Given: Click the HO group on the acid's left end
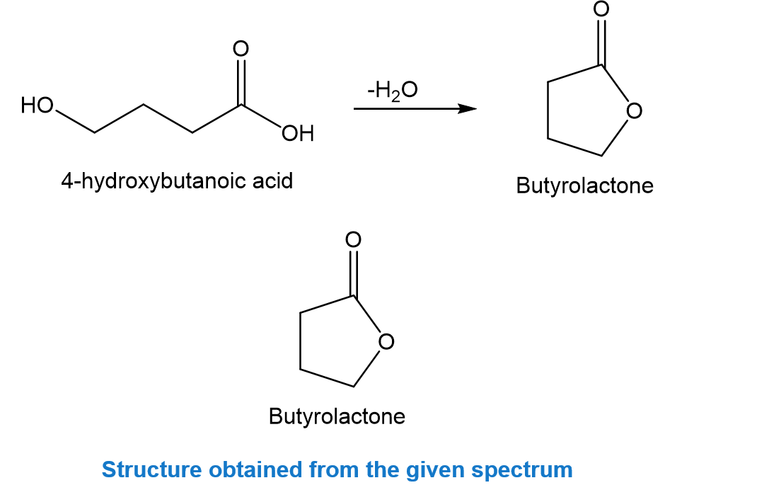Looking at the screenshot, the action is pyautogui.click(x=37, y=105).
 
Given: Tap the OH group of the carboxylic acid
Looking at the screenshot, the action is pyautogui.click(x=298, y=133).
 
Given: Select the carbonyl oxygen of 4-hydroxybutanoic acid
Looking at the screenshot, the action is pyautogui.click(x=241, y=49).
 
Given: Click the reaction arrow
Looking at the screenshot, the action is pyautogui.click(x=415, y=108).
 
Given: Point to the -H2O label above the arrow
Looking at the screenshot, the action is pyautogui.click(x=393, y=90).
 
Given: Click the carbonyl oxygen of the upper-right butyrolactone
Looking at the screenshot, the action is pyautogui.click(x=601, y=8).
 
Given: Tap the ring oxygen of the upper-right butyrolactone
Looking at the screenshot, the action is pyautogui.click(x=634, y=111).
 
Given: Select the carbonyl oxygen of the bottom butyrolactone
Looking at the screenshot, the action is pyautogui.click(x=353, y=239).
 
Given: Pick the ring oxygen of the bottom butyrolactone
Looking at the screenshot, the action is pyautogui.click(x=386, y=342).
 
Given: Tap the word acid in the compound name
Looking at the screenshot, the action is pyautogui.click(x=272, y=181).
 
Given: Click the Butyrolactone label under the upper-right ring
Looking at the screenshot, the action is pyautogui.click(x=584, y=186).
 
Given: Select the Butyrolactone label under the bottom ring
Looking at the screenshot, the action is pyautogui.click(x=337, y=417).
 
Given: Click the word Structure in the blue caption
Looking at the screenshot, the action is pyautogui.click(x=151, y=469).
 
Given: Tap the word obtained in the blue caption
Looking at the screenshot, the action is pyautogui.click(x=255, y=469).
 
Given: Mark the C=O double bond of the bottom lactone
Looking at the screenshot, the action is pyautogui.click(x=353, y=273).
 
